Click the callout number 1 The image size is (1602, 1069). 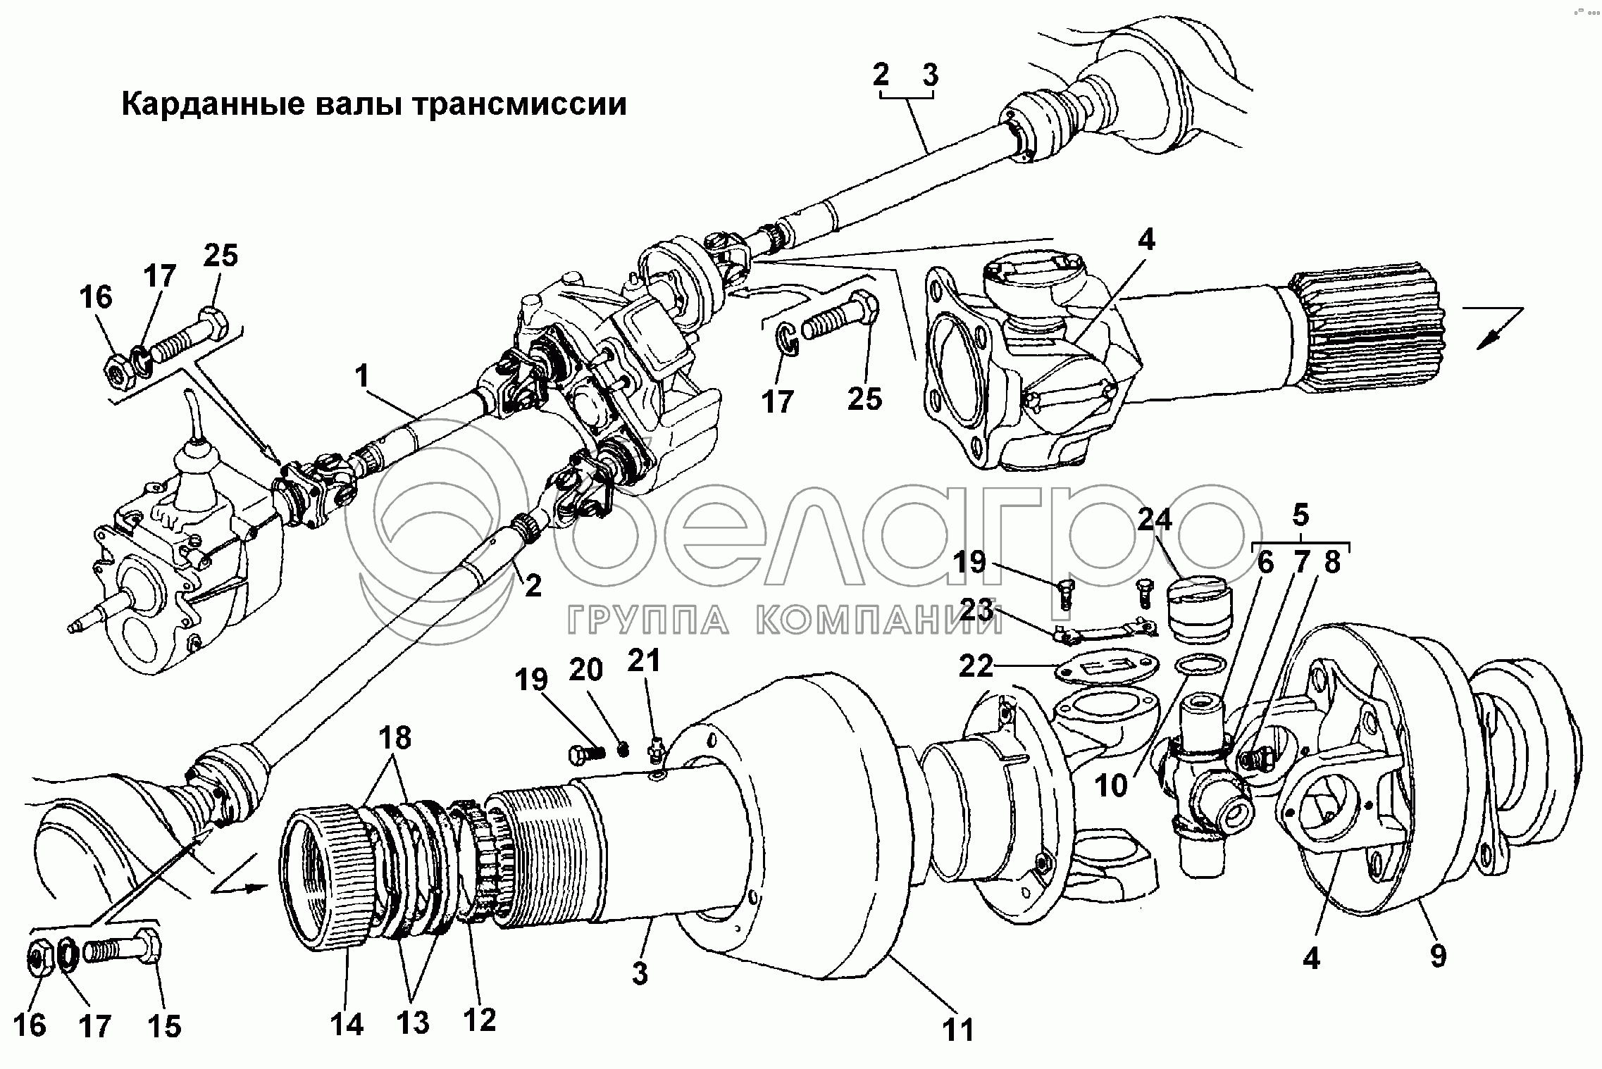(361, 377)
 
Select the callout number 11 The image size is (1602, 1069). (957, 1029)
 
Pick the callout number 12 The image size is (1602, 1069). (479, 1018)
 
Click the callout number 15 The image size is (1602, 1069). (164, 1026)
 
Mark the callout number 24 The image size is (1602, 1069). (1154, 520)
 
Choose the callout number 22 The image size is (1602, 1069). (975, 665)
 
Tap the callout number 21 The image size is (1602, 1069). (645, 661)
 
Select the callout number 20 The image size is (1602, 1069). (586, 670)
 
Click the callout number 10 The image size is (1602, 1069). (1112, 785)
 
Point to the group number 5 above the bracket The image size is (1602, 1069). (1300, 516)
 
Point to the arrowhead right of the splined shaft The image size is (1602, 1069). (1488, 337)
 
